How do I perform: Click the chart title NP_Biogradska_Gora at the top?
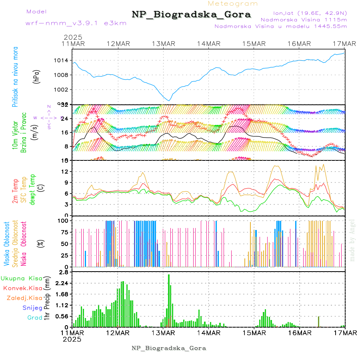pos(191,15)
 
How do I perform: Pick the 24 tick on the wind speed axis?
pos(65,118)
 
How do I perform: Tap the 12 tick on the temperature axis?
pos(65,172)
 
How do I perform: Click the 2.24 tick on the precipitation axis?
pos(62,283)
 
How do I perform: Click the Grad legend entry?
pos(35,318)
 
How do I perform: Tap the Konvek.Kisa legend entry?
pos(22,288)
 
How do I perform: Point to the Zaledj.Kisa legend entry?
pos(24,298)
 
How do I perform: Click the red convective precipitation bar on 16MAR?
pos(318,322)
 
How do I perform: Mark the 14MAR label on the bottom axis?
pos(208,333)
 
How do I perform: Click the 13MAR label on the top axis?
pos(163,43)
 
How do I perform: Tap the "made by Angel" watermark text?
pos(352,240)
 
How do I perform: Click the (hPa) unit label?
pos(36,76)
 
